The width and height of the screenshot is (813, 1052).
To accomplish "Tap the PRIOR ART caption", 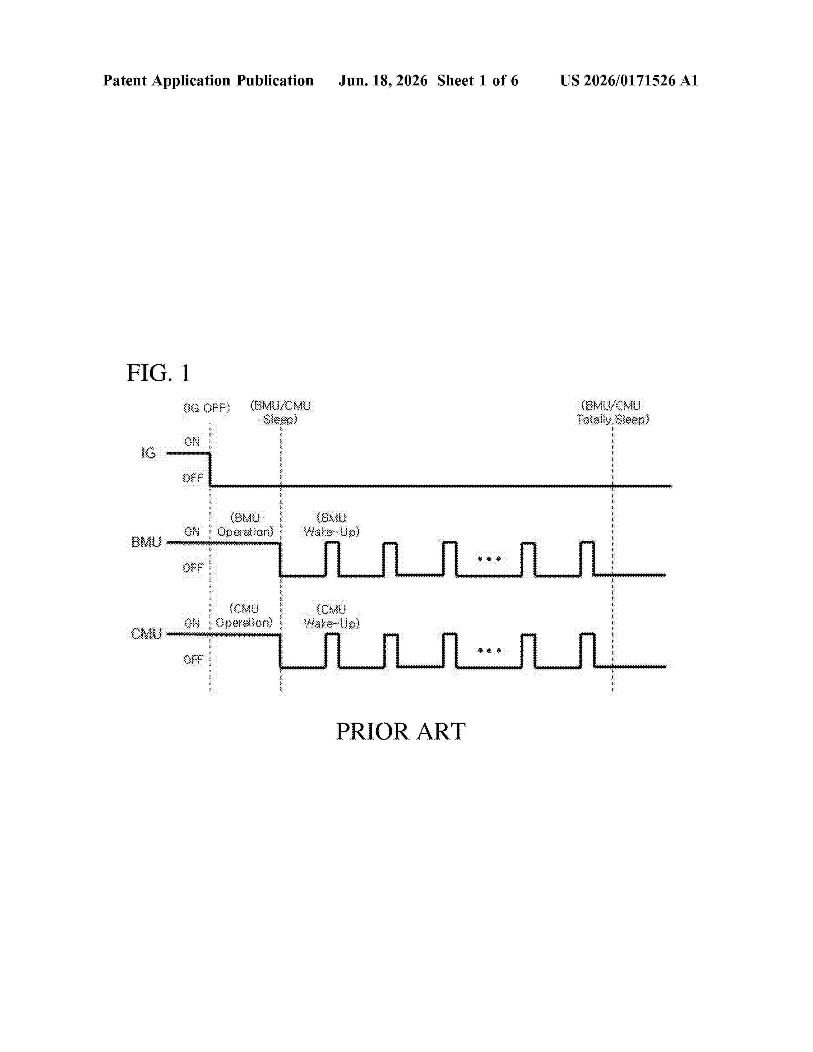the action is (x=400, y=731).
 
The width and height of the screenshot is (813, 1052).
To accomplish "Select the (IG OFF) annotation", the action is (x=207, y=408).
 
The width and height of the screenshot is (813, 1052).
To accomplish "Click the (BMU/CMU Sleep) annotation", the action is (x=280, y=412).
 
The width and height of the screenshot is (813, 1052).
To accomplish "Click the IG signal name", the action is (x=148, y=453).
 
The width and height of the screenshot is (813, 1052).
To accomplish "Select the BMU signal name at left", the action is (x=146, y=542).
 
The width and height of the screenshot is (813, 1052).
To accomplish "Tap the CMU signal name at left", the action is (x=146, y=633).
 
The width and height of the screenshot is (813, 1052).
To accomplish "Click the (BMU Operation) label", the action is (x=245, y=524).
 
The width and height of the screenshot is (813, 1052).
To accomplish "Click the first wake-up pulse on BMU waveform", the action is (x=332, y=543).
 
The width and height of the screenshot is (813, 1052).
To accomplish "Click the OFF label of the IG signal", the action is (x=193, y=478).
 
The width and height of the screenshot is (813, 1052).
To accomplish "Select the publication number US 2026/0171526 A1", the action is (x=629, y=80).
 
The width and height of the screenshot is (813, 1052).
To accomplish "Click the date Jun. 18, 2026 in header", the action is (x=383, y=80).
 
